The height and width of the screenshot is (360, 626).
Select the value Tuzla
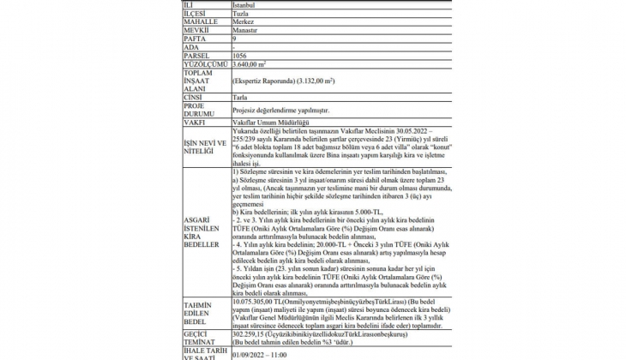[x=243, y=15]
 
